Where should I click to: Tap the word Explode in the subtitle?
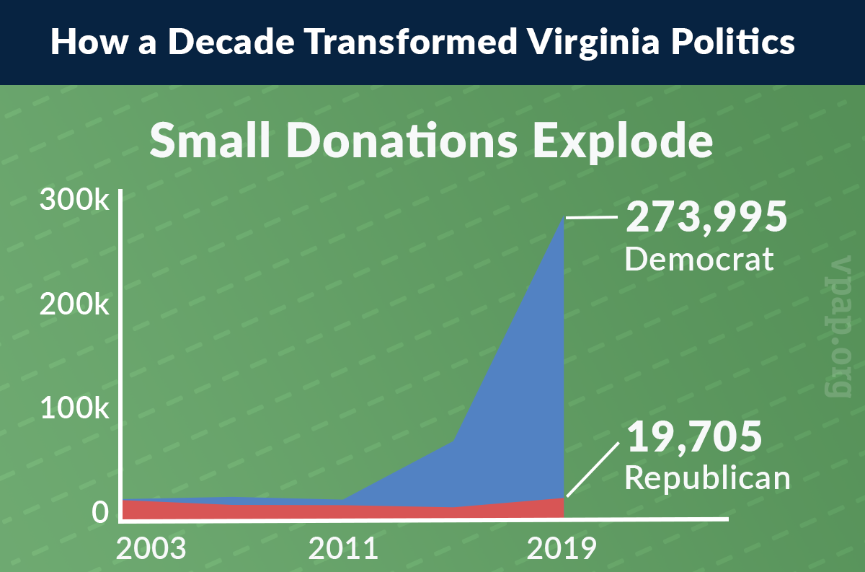[623, 142]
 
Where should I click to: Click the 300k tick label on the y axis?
[74, 201]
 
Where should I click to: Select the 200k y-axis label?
[74, 305]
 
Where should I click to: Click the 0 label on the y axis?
[100, 512]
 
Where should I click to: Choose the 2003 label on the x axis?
[151, 550]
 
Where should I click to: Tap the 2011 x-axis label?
[344, 550]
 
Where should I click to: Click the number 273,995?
[705, 217]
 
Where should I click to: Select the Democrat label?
[699, 258]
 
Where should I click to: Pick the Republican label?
[707, 478]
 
